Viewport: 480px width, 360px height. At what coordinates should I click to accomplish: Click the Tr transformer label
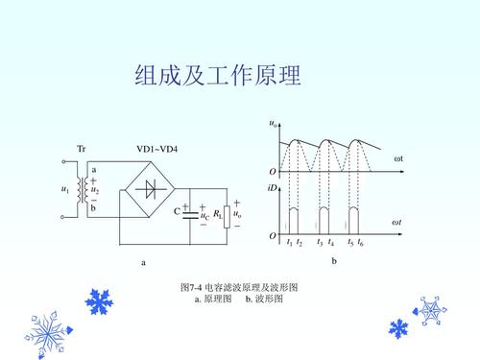click(x=82, y=149)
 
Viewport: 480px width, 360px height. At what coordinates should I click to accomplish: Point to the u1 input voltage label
click(x=64, y=190)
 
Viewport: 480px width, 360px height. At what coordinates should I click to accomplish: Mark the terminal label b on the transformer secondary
click(x=93, y=208)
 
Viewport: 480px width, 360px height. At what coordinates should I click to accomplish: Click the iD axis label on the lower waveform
click(x=273, y=187)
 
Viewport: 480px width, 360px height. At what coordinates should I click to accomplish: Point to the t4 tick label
click(x=330, y=243)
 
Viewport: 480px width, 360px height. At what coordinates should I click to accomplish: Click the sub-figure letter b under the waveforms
click(x=334, y=260)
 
